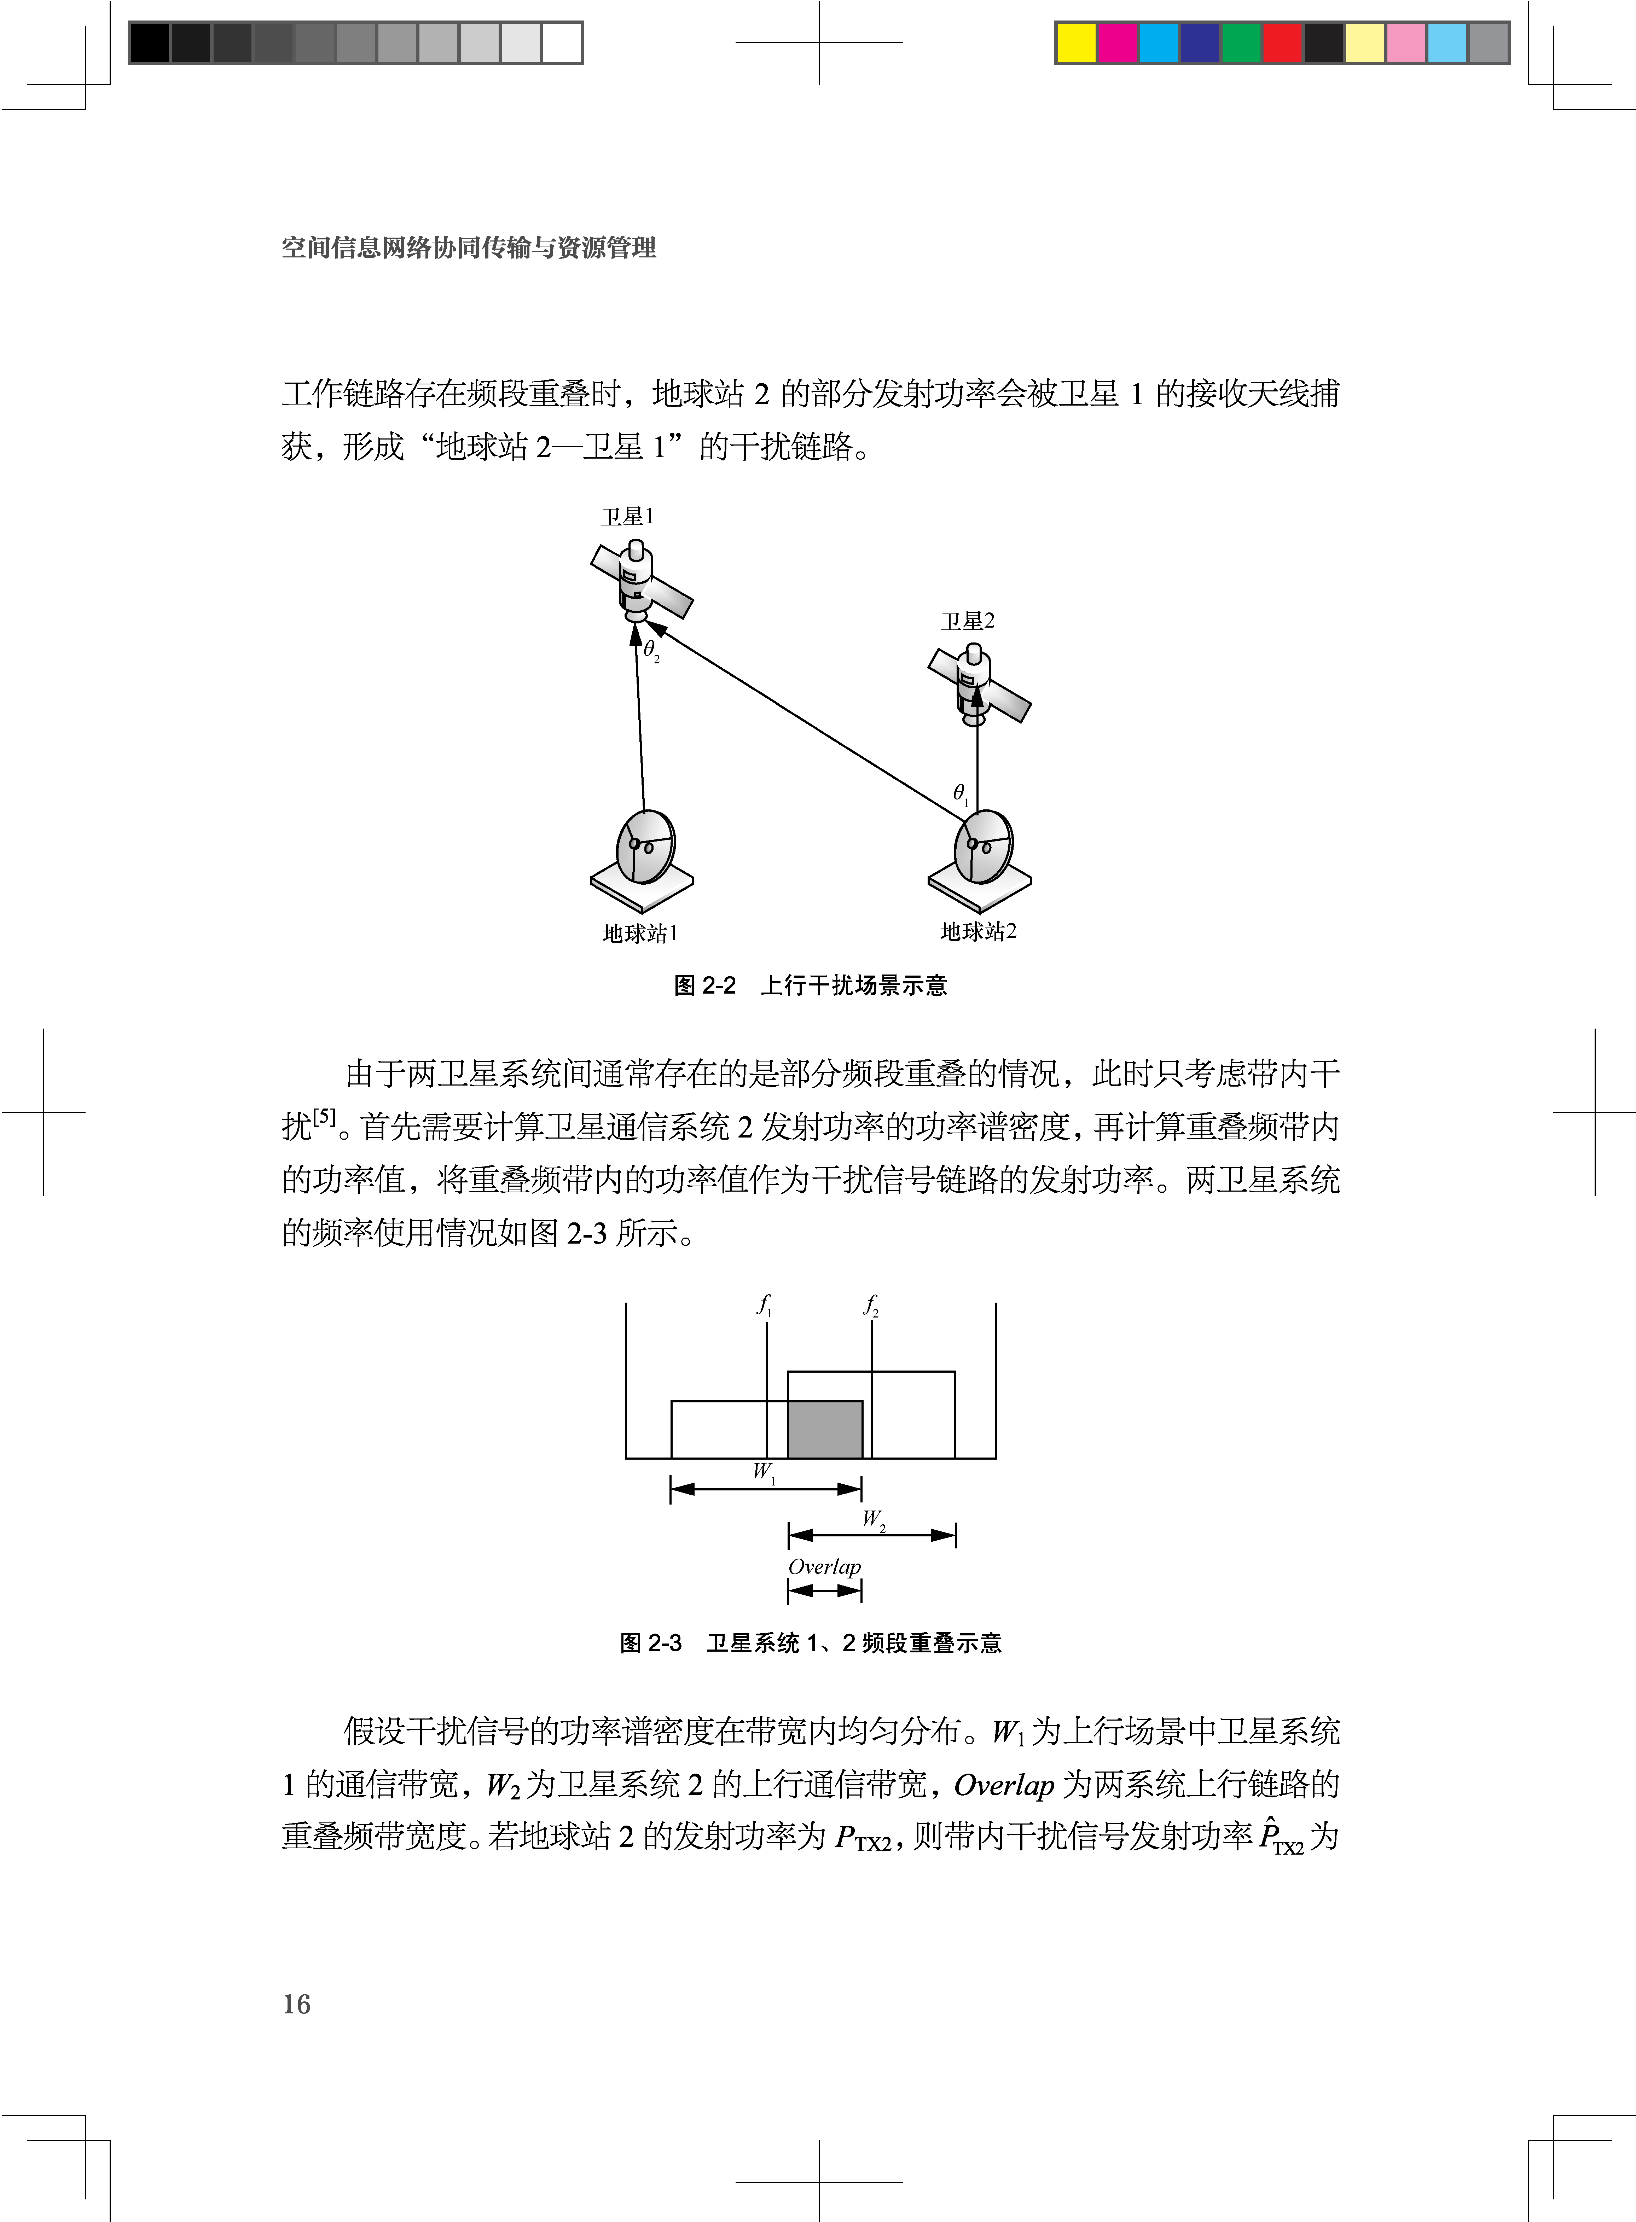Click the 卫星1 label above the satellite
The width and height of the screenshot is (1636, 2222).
click(x=627, y=517)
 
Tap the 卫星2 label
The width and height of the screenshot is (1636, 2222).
click(x=968, y=621)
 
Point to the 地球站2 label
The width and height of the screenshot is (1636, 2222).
click(x=977, y=931)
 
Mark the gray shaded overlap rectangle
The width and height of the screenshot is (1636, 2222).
click(x=825, y=1429)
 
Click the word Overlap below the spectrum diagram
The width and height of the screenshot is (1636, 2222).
click(x=824, y=1566)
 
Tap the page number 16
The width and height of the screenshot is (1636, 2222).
click(x=296, y=2004)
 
